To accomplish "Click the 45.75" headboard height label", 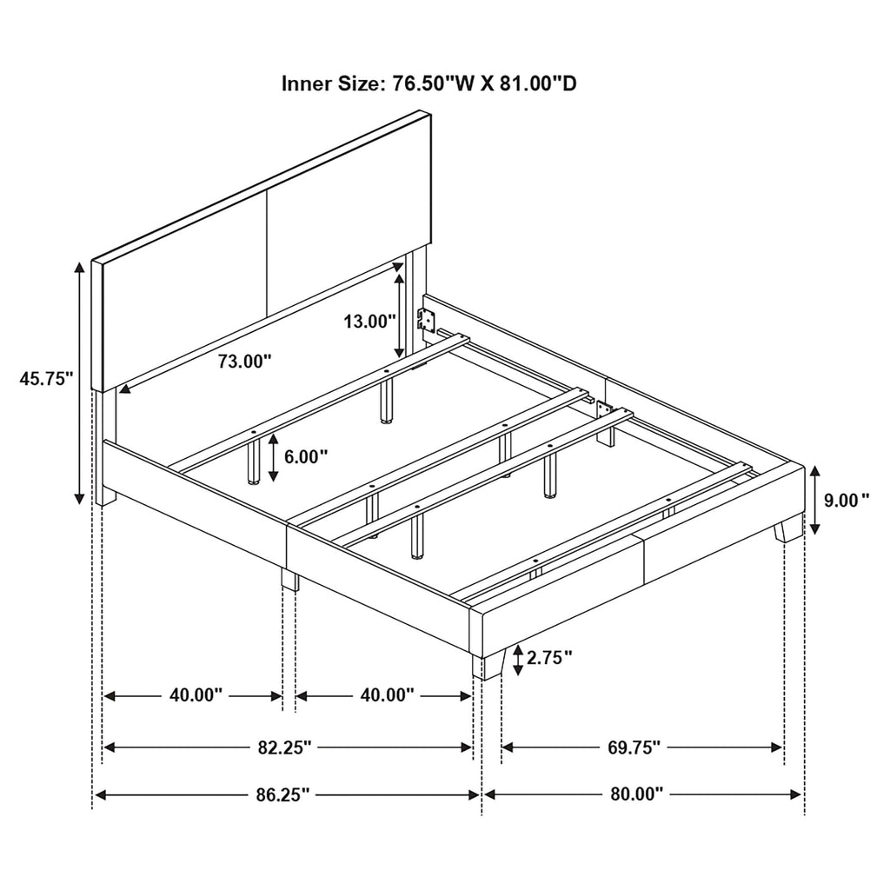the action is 47,379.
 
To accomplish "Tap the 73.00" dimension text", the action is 244,361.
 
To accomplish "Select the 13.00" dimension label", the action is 369,322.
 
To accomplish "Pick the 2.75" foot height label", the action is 549,658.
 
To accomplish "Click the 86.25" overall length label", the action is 282,794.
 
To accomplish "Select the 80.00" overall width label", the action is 637,794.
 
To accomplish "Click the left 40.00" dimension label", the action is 196,694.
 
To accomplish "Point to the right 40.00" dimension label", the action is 387,694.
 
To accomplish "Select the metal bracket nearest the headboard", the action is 426,319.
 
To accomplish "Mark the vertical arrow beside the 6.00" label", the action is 274,457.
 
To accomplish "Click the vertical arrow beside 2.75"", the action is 518,661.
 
